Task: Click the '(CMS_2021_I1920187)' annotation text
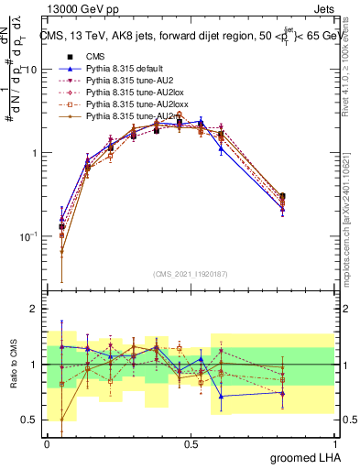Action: tap(190, 272)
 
